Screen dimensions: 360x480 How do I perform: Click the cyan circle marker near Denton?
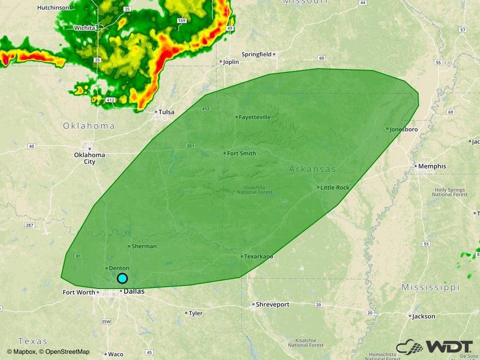coord(122,278)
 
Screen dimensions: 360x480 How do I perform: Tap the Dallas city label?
coord(134,292)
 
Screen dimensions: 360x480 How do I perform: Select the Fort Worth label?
coord(79,293)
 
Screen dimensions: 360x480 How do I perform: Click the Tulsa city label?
coord(166,112)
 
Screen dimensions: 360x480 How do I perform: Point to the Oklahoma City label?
coord(89,158)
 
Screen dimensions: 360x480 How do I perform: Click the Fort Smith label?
coord(242,153)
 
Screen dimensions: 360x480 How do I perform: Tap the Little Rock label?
coord(334,187)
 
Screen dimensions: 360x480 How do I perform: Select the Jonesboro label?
coord(403,129)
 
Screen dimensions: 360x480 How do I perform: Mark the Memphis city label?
coord(432,166)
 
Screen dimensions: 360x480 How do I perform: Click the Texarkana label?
coord(258,256)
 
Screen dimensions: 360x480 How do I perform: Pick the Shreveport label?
coord(272,304)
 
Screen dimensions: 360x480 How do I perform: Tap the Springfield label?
coord(256,54)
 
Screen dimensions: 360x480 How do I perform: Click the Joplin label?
coord(231,62)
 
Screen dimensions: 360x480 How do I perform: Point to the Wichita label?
coord(84,28)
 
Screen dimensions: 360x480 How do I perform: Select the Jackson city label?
coord(423,316)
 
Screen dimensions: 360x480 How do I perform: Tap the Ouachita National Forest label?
coord(254,189)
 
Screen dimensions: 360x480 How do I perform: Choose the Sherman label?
coord(144,246)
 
